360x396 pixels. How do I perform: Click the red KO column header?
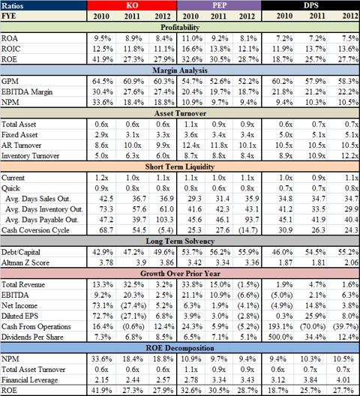click(132, 5)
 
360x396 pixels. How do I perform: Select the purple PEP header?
click(219, 5)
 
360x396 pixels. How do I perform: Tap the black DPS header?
click(310, 5)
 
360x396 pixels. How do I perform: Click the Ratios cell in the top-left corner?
click(13, 5)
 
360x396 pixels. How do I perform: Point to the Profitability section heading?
click(180, 27)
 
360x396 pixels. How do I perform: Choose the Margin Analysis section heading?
click(180, 70)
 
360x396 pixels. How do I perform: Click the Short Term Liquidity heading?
click(180, 166)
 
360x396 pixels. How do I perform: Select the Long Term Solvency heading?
click(180, 241)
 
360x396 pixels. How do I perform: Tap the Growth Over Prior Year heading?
click(180, 274)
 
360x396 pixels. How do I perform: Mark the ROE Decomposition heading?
click(180, 348)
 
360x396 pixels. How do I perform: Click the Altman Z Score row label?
click(25, 263)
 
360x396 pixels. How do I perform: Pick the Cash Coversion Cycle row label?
click(35, 230)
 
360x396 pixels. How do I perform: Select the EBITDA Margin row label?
click(27, 92)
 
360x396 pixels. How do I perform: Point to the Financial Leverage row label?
click(29, 380)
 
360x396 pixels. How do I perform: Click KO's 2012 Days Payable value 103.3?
click(165, 220)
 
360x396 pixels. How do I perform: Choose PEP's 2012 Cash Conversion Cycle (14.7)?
click(248, 230)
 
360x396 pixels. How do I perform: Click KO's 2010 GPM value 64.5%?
click(103, 81)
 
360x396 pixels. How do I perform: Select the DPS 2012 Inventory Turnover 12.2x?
click(350, 156)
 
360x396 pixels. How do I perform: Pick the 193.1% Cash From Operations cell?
click(280, 326)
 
